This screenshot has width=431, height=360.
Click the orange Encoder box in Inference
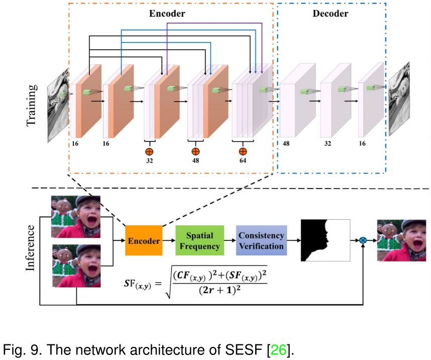click(143, 241)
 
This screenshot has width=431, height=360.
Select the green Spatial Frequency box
click(199, 241)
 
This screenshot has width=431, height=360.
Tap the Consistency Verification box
click(261, 241)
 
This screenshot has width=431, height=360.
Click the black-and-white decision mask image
click(325, 240)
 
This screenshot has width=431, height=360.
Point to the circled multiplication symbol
click(363, 240)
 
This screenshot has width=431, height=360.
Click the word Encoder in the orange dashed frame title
click(167, 14)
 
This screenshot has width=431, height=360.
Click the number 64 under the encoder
click(243, 161)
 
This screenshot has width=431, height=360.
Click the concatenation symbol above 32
click(149, 151)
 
